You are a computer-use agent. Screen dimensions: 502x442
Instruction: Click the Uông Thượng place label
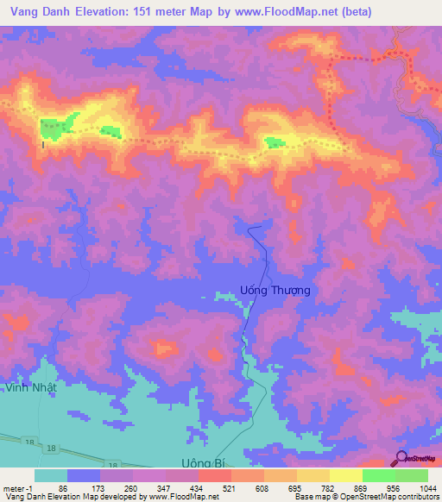(x=274, y=291)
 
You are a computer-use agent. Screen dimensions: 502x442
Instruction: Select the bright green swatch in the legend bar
(x=412, y=475)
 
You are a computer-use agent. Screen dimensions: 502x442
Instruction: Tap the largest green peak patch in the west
(x=57, y=128)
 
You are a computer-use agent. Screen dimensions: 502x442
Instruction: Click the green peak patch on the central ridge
(x=275, y=142)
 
